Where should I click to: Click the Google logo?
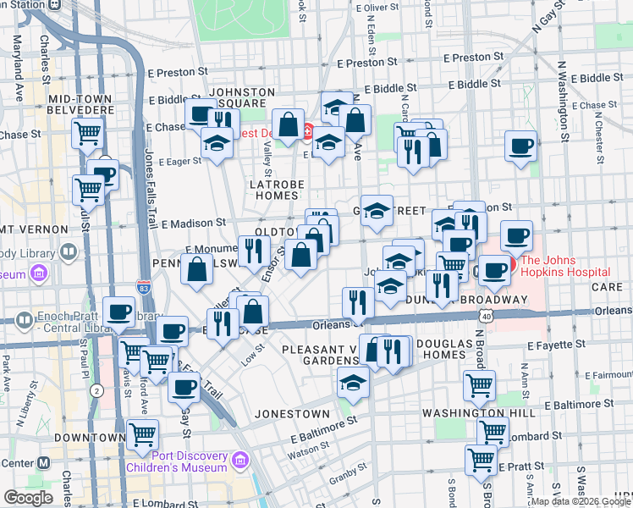click(x=28, y=498)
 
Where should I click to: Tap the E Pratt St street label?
click(x=524, y=467)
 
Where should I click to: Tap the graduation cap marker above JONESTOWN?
click(x=353, y=382)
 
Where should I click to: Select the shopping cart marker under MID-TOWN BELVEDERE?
click(x=88, y=131)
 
